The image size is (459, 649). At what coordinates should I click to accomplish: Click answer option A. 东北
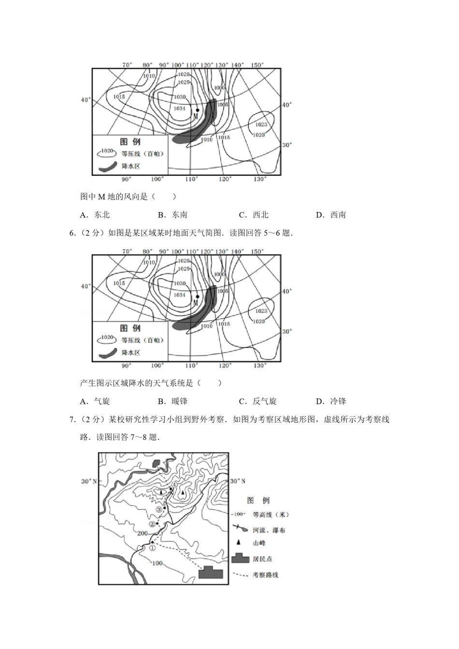point(95,215)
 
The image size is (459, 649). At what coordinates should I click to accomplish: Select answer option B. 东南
point(173,215)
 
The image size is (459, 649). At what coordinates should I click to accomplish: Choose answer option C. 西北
point(254,215)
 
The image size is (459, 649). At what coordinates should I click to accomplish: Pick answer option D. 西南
point(331,215)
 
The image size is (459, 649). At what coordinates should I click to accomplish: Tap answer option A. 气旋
point(95,401)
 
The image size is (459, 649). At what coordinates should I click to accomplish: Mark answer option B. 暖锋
point(173,401)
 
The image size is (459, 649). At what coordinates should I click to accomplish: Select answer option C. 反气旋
point(258,401)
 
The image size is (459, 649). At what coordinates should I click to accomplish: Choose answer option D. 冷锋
point(331,401)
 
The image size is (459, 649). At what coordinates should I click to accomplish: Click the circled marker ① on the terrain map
point(152,548)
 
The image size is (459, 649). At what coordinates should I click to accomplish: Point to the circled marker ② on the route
point(152,524)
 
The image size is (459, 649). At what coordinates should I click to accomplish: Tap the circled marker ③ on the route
point(159,510)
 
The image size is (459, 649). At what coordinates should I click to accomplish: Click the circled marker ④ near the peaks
point(174,485)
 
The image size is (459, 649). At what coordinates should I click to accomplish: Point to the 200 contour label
point(142,533)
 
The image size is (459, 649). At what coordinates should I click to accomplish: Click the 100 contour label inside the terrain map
point(157,563)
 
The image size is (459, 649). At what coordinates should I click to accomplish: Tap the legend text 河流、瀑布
point(269,530)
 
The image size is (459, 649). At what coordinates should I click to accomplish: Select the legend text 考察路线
point(265,575)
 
